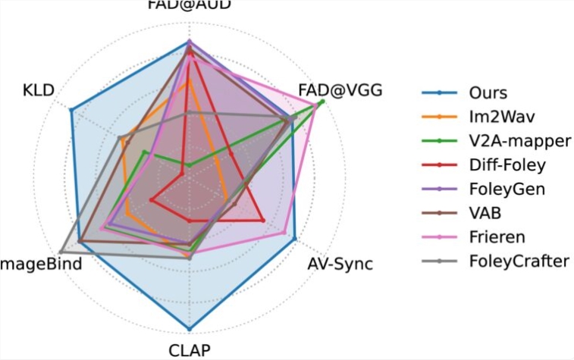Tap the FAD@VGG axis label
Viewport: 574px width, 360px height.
tap(340, 90)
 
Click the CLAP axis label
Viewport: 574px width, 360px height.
tap(189, 349)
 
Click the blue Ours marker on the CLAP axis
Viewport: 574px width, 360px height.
tap(189, 330)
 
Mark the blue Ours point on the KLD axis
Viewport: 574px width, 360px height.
tap(71, 111)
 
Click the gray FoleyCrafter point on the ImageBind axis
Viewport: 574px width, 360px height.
tap(61, 252)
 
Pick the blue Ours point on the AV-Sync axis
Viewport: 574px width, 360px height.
tap(295, 239)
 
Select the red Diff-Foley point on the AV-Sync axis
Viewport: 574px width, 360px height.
tap(262, 221)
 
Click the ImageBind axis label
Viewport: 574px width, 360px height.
tap(34, 265)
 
